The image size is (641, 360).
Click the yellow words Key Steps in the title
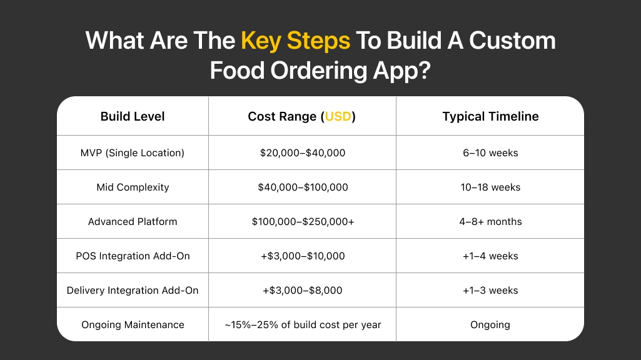(x=295, y=41)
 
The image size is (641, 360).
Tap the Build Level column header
(x=133, y=116)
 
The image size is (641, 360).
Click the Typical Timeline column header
(x=490, y=116)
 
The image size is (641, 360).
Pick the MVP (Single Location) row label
(x=133, y=152)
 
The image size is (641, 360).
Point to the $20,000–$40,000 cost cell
(x=303, y=152)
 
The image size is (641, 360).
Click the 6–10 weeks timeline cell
(x=490, y=152)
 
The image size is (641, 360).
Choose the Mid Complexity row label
(x=133, y=187)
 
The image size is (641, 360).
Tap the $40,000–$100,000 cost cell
(x=303, y=187)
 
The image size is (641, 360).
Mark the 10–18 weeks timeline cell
(x=490, y=187)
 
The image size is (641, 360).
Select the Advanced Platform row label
(x=133, y=221)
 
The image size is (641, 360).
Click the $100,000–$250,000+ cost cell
(x=303, y=221)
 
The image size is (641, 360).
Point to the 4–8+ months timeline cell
(x=490, y=221)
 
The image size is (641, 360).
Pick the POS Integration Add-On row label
(x=133, y=256)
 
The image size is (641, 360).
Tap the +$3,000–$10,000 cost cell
(x=303, y=256)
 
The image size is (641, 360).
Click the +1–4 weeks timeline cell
(x=490, y=256)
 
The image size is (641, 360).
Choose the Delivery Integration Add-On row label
(x=133, y=290)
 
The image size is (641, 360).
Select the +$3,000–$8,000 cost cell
(x=303, y=290)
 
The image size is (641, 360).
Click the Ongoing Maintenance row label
(x=133, y=324)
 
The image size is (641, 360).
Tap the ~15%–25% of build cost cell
(x=303, y=324)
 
